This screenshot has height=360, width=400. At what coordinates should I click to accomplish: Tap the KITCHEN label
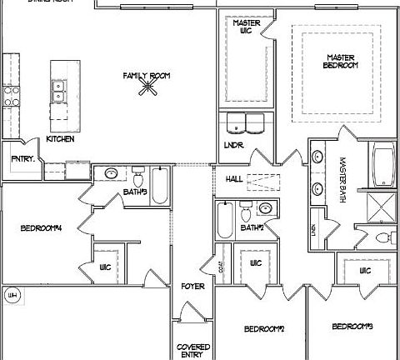point(61,138)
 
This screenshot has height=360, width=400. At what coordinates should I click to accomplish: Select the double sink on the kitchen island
point(58,90)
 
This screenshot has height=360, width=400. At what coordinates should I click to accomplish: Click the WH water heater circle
point(12,295)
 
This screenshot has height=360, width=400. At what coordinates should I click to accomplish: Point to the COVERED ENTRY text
point(192,349)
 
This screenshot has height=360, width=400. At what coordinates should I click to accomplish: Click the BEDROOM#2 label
point(264,329)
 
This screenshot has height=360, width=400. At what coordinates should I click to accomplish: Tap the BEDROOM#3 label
point(351,326)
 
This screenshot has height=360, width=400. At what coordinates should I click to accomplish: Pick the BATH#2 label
point(252,227)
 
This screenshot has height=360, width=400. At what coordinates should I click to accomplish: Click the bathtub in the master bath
point(384,165)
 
